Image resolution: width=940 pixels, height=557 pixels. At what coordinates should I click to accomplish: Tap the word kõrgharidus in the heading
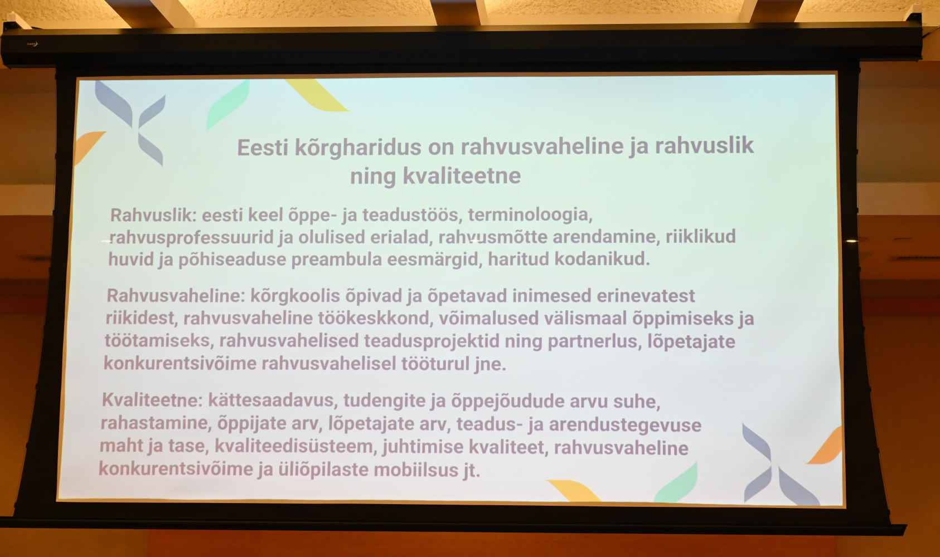tap(358, 148)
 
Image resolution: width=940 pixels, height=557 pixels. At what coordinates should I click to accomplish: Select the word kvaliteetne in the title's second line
tap(462, 175)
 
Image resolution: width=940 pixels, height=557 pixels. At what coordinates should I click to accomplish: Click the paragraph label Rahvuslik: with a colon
tap(153, 215)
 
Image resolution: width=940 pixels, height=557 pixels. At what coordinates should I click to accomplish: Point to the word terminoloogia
tap(530, 214)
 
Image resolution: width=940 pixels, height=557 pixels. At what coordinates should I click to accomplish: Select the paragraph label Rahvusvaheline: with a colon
tap(176, 295)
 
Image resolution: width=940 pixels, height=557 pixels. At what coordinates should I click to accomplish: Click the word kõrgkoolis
tap(295, 296)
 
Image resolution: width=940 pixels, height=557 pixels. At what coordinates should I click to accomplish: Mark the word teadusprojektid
tap(432, 341)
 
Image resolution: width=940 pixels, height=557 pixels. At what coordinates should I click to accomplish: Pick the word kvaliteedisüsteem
tap(294, 446)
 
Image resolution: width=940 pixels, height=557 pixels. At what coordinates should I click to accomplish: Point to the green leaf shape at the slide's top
tap(228, 105)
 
